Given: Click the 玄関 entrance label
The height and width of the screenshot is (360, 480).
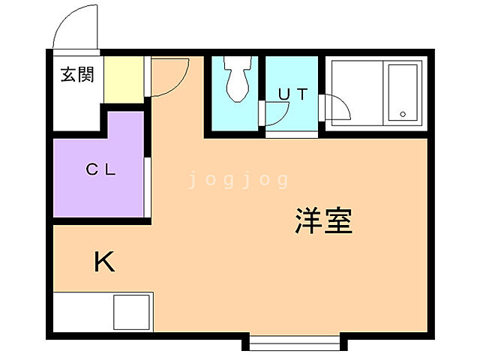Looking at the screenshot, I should point(77,75).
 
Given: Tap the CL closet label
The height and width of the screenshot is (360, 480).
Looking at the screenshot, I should point(100,169).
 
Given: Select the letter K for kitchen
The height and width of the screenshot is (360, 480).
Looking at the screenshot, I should point(104,262).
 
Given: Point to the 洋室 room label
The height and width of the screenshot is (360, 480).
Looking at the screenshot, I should point(323,221).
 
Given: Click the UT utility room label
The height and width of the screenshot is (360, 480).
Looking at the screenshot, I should point(293,94).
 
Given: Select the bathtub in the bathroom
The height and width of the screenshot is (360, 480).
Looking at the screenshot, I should point(402,93).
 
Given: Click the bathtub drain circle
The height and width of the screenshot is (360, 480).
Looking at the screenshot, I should point(403,115).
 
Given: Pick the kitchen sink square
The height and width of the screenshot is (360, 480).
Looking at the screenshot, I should point(131,311).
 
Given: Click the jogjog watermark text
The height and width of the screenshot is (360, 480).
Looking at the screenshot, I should point(238,179).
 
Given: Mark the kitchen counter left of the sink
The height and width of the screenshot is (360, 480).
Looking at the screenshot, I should point(82,311).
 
